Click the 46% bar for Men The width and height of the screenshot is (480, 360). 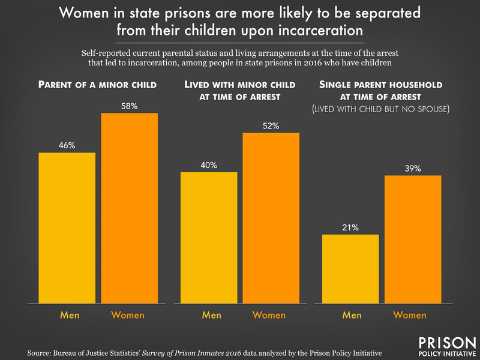(x=67, y=228)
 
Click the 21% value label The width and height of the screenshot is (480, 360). (x=350, y=227)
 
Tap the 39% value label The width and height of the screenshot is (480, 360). (x=412, y=169)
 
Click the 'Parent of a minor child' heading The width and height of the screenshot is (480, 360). (x=98, y=85)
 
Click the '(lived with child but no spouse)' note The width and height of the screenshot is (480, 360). (x=381, y=110)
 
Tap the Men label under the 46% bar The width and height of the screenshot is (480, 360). (x=67, y=314)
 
